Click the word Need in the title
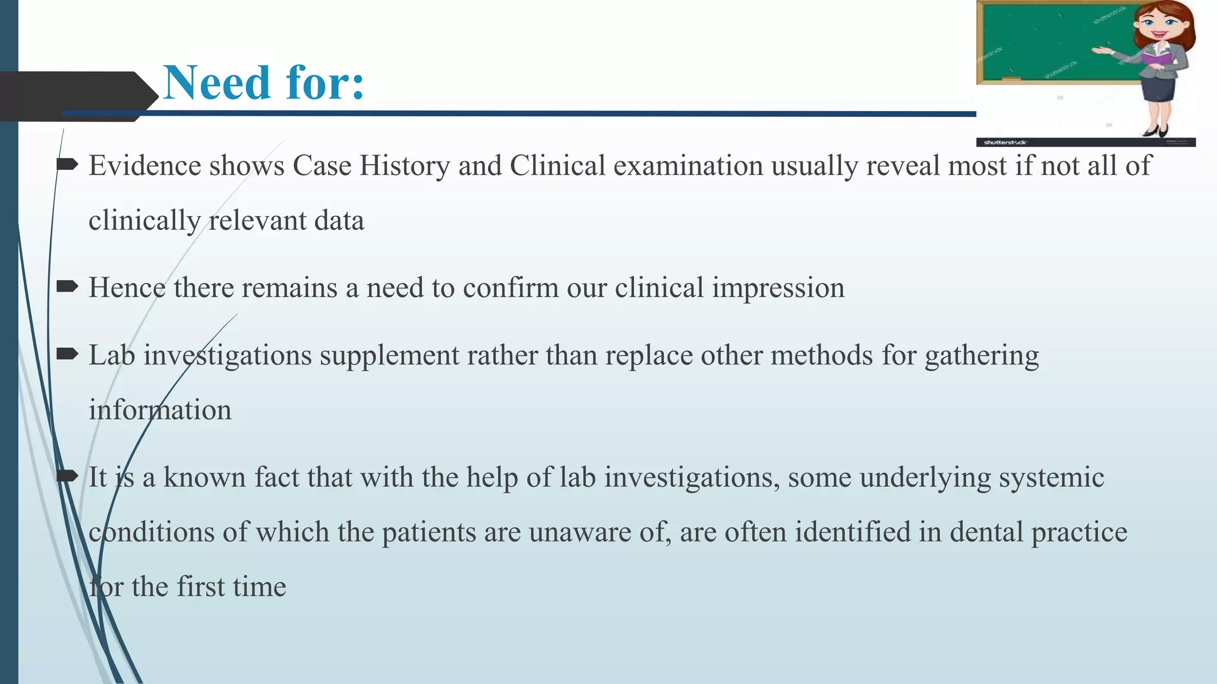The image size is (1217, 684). pyautogui.click(x=217, y=83)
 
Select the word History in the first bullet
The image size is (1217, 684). pyautogui.click(x=404, y=166)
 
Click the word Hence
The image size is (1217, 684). pyautogui.click(x=127, y=288)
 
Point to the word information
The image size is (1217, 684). pyautogui.click(x=160, y=410)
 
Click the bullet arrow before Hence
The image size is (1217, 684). pyautogui.click(x=67, y=287)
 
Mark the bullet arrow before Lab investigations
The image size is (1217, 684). pyautogui.click(x=67, y=355)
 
